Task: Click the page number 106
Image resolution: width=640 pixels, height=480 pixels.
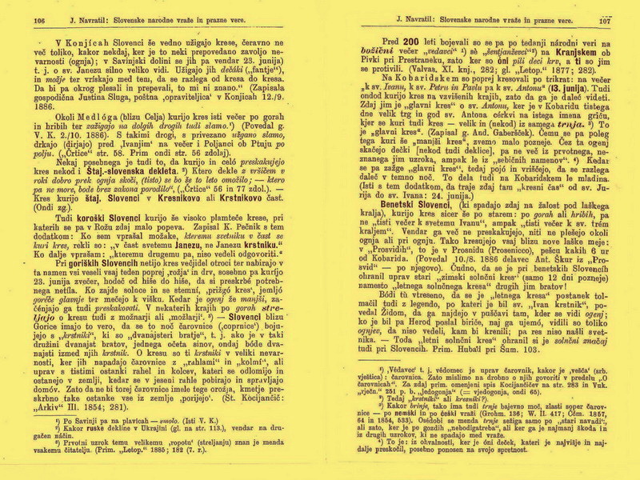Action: (x=38, y=22)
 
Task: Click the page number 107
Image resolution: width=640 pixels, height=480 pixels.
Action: (x=605, y=22)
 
